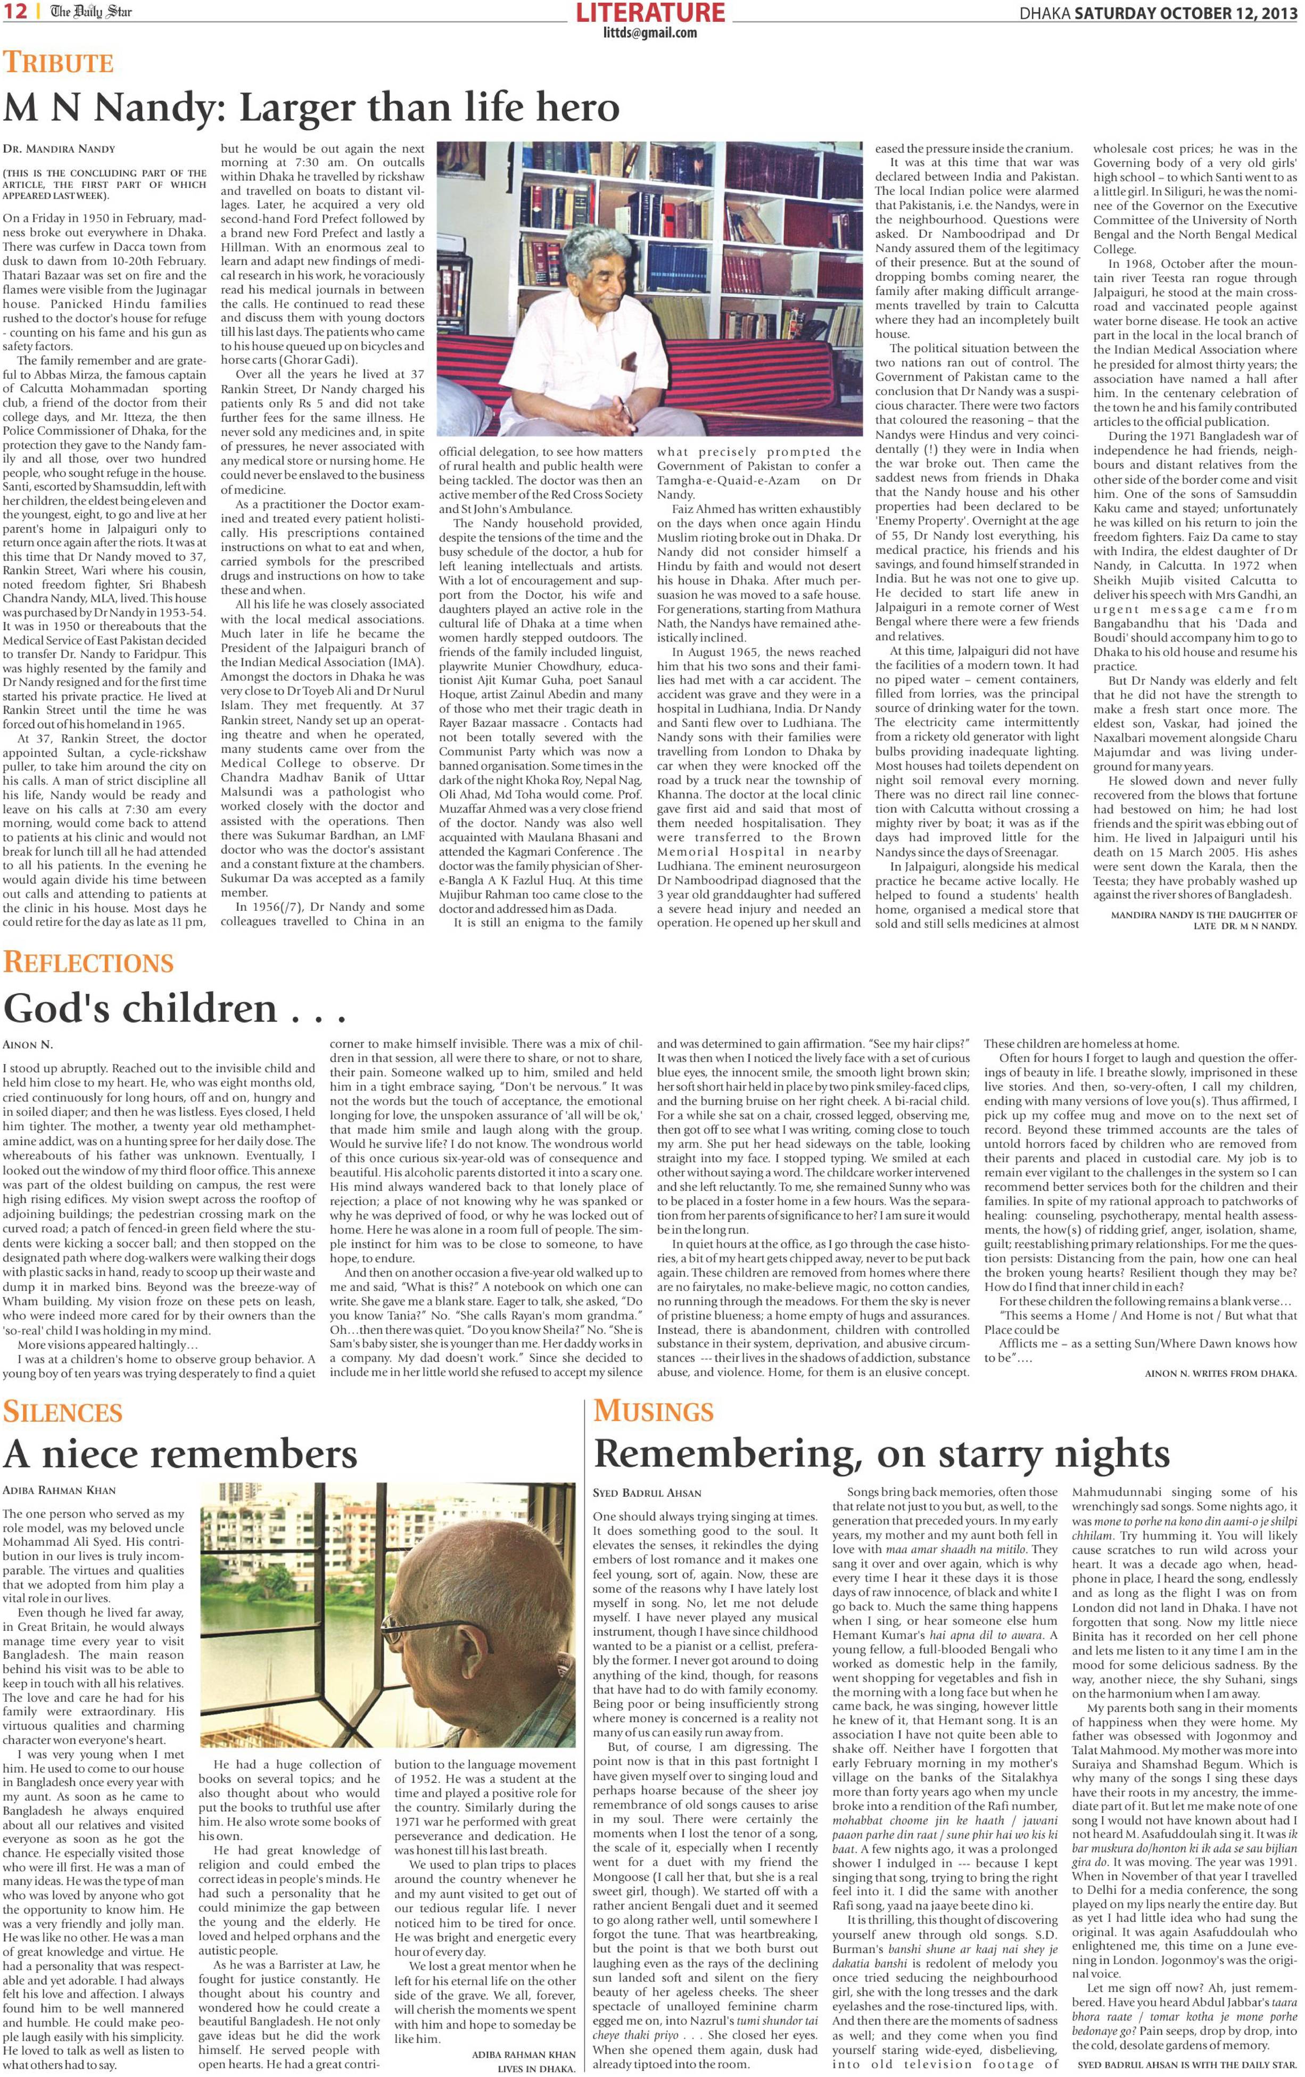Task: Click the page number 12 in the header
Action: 16,12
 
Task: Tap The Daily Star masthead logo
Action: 90,12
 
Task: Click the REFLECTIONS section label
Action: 89,962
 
